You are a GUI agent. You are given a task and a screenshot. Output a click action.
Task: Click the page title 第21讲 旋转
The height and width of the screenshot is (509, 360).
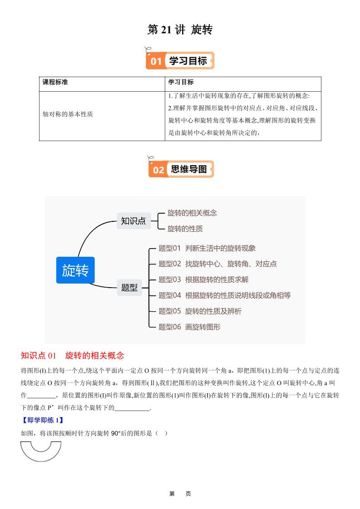click(180, 30)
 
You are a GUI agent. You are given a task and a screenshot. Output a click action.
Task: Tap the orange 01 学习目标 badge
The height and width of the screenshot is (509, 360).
click(180, 60)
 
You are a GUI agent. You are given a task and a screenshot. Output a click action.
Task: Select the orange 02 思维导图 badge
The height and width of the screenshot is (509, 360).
click(181, 169)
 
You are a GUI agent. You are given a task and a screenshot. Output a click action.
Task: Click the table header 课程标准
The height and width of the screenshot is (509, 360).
click(55, 82)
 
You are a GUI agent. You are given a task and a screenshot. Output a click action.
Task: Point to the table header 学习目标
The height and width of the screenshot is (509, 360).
click(181, 82)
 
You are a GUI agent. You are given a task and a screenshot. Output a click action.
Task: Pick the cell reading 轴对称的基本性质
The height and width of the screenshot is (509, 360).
click(68, 115)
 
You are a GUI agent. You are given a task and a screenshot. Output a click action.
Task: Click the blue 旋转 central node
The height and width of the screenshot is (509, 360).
click(75, 270)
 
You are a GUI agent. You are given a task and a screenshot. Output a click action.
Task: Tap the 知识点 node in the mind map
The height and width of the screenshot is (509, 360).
click(133, 221)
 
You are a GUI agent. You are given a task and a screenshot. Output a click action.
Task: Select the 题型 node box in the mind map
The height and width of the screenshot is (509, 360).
click(129, 287)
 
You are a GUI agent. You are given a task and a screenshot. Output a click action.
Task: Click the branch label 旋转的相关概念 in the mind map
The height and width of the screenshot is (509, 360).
click(192, 213)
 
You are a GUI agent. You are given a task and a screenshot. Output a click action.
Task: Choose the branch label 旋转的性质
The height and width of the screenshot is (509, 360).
click(185, 229)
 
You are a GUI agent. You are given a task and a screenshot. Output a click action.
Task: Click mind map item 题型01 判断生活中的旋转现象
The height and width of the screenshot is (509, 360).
click(207, 248)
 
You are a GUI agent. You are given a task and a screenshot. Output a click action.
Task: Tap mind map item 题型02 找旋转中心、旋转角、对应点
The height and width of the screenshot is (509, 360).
click(217, 264)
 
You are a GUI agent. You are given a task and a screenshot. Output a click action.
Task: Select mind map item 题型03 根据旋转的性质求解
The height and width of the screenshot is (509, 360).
click(203, 279)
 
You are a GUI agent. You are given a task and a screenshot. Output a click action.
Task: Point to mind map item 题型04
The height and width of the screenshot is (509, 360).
click(224, 295)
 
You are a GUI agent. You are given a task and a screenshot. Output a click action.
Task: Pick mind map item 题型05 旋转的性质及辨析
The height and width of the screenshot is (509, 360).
click(200, 311)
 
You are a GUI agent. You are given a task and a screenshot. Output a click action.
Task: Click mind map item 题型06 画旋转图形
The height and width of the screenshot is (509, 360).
click(189, 327)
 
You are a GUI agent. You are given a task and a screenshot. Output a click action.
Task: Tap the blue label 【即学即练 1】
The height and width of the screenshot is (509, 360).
click(42, 420)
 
